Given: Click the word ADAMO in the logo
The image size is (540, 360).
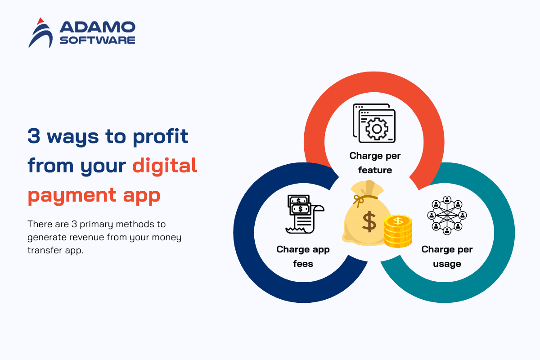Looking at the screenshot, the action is (97, 27).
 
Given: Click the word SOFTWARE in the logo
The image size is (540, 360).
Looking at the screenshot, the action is (97, 40).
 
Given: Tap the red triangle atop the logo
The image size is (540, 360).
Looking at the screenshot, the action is (40, 21).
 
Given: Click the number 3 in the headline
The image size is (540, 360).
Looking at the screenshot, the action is (34, 136).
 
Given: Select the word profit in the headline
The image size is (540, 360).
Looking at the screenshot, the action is (160, 137).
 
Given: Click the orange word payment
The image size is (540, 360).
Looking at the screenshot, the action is (72, 196).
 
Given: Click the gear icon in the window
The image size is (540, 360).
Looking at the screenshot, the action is (377, 129).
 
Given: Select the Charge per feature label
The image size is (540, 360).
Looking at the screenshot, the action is (375, 163).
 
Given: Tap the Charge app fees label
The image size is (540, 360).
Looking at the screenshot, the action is (303, 256).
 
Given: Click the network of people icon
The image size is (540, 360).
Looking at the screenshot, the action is (447, 215).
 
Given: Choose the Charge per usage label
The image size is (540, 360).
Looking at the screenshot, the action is (447, 256).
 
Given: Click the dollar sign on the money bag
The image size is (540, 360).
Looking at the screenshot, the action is (369, 222).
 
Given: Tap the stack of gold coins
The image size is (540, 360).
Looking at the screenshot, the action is (398, 231).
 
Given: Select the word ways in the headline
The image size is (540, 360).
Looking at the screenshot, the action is (73, 137).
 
